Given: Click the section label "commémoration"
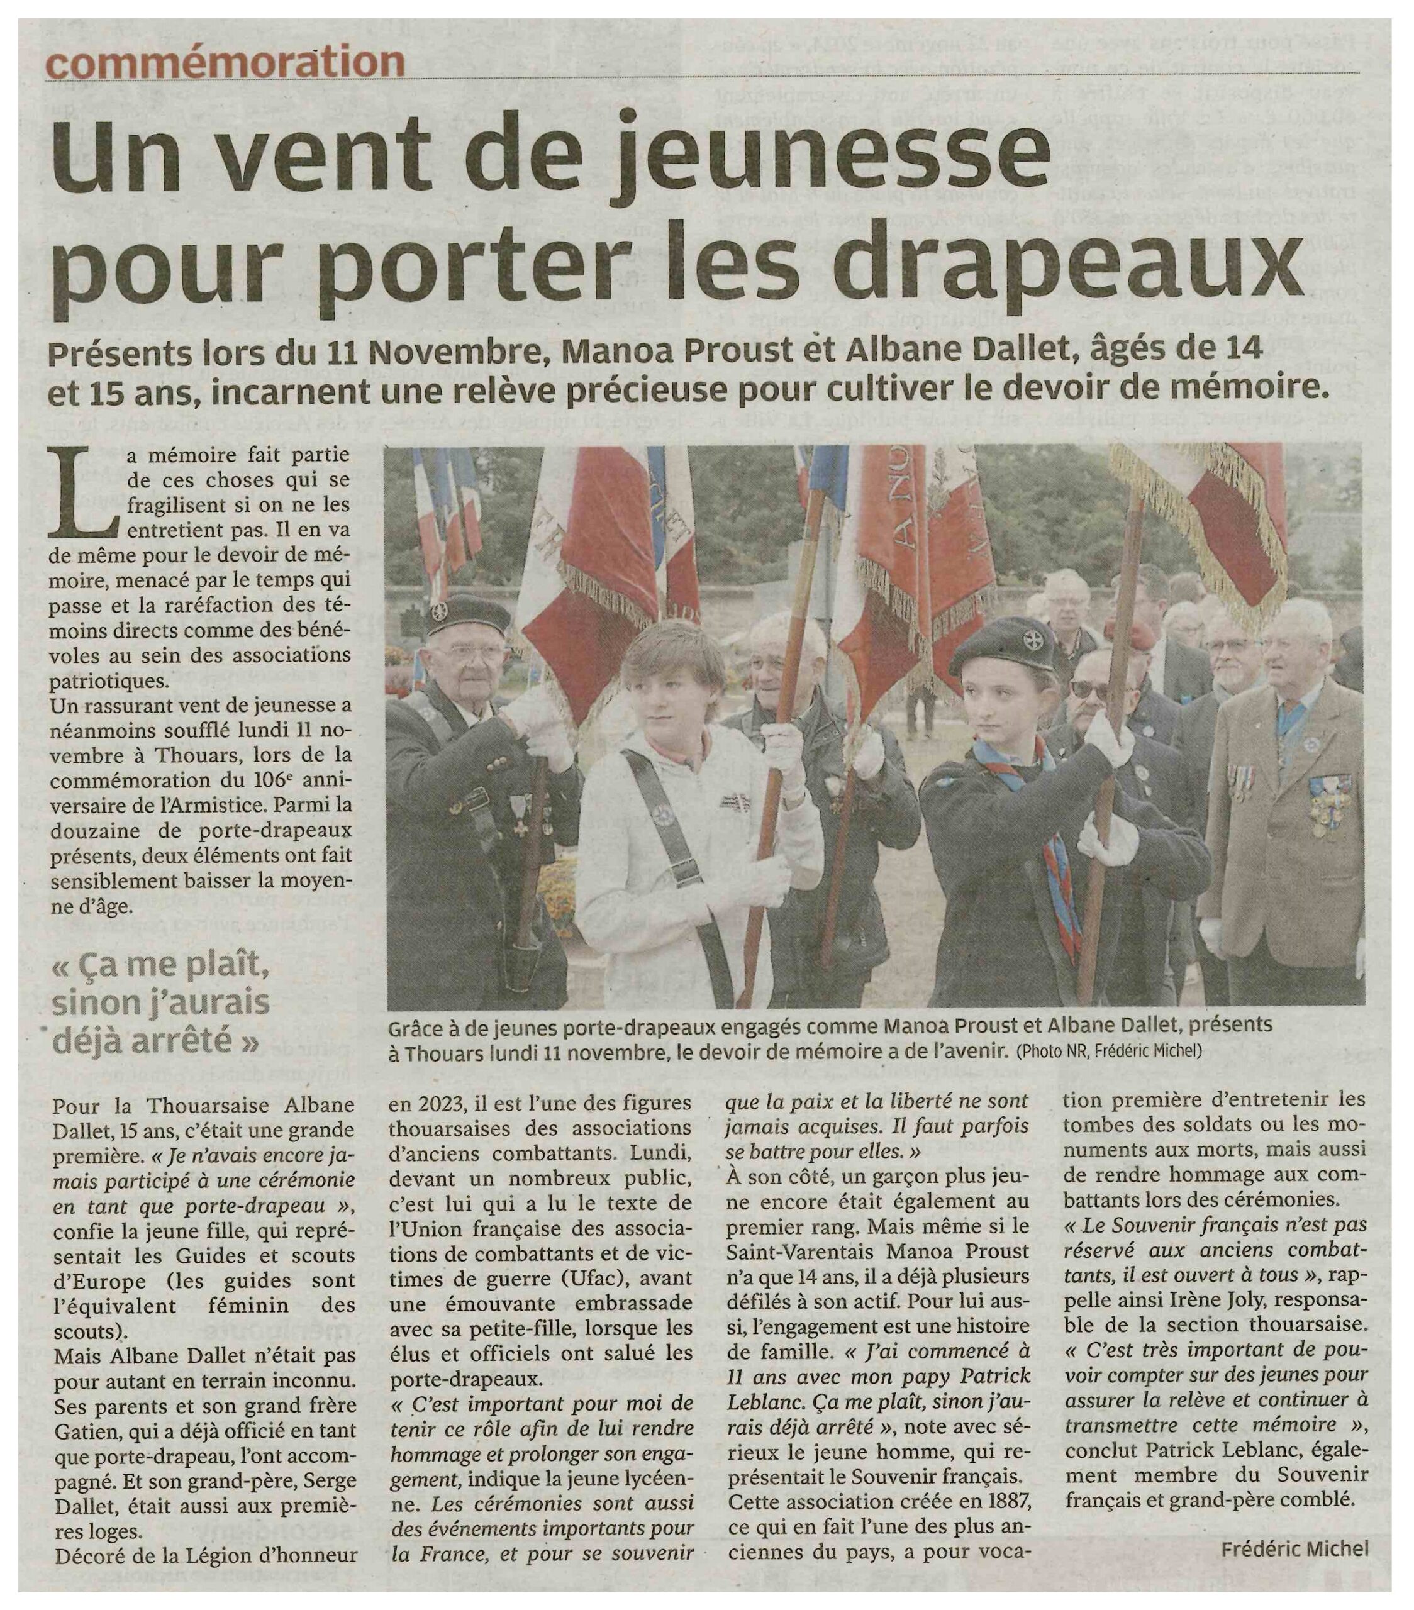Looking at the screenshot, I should pyautogui.click(x=225, y=62).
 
